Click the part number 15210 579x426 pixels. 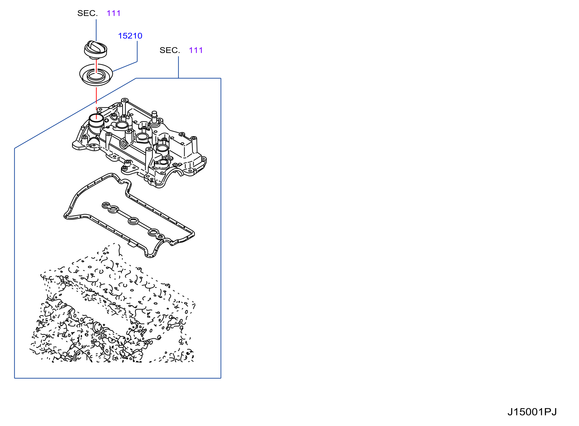coord(130,36)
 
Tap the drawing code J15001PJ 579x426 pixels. coord(532,412)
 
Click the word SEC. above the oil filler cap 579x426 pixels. coord(88,13)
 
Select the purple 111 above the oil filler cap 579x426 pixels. coord(113,13)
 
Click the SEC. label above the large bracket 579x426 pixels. coord(170,50)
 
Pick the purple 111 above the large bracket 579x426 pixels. coord(196,50)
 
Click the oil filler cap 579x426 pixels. coord(96,49)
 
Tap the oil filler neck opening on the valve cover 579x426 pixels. coord(96,118)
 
